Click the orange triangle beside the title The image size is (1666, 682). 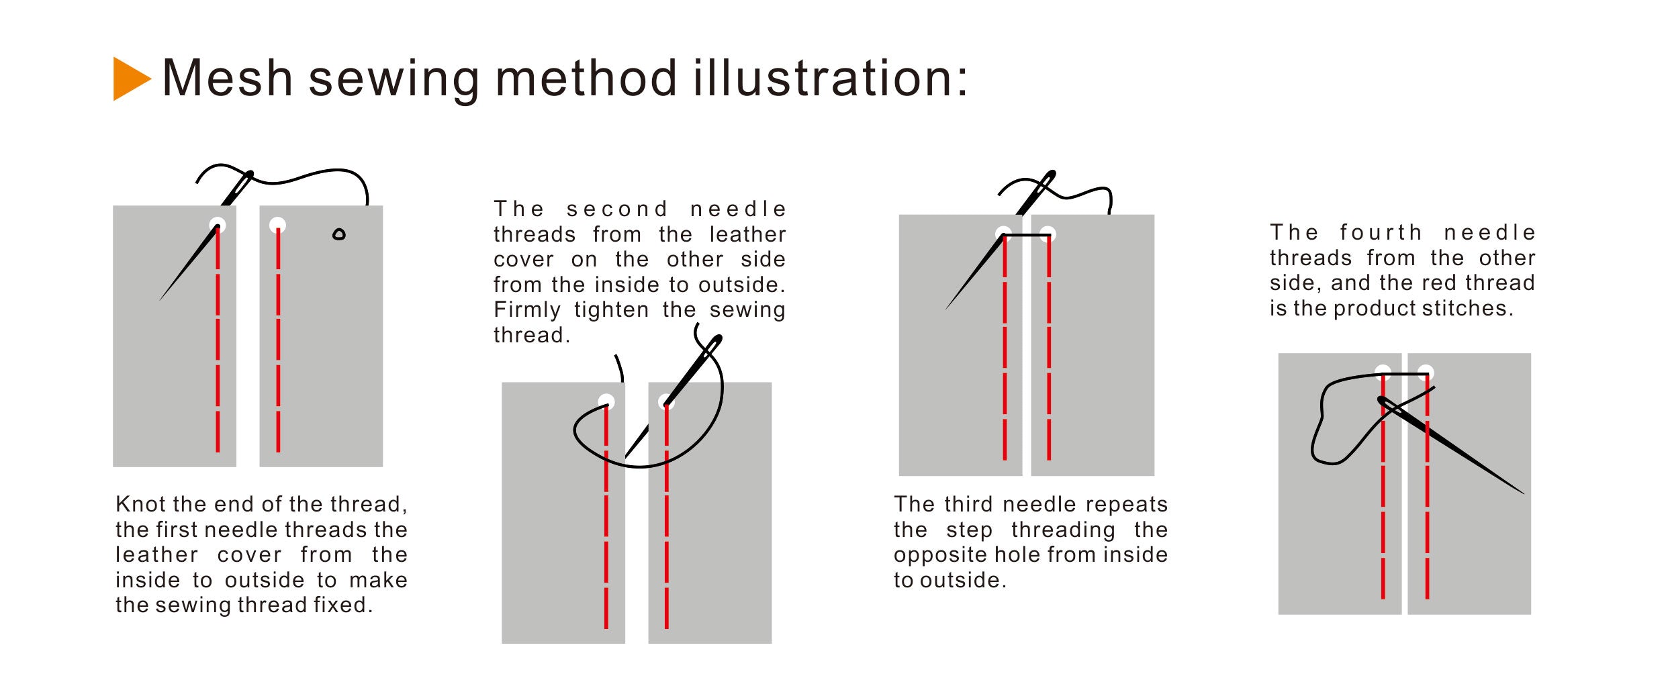pyautogui.click(x=130, y=79)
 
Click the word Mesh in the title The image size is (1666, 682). pyautogui.click(x=228, y=79)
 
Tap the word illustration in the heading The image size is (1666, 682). pyautogui.click(x=823, y=78)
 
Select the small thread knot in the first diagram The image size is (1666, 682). pyautogui.click(x=339, y=234)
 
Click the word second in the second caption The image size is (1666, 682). pyautogui.click(x=617, y=209)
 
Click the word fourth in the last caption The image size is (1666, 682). pyautogui.click(x=1381, y=232)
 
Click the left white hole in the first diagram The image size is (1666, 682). pyautogui.click(x=218, y=225)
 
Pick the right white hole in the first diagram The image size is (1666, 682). pyautogui.click(x=277, y=225)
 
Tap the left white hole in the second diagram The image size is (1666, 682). pyautogui.click(x=606, y=401)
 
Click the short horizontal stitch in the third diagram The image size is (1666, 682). pyautogui.click(x=1027, y=236)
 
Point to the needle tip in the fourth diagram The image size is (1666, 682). pyautogui.click(x=1524, y=494)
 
